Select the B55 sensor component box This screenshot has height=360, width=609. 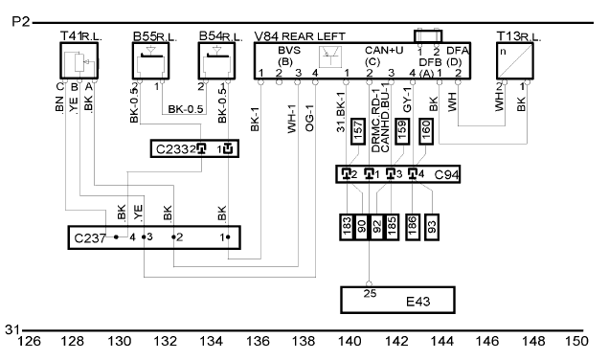[x=150, y=61]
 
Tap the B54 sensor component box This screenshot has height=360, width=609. [x=216, y=61]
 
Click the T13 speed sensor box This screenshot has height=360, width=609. [x=515, y=61]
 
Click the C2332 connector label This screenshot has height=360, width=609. [x=173, y=149]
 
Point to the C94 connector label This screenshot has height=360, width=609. [x=446, y=175]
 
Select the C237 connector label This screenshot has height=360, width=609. [x=90, y=237]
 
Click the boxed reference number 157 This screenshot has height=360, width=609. [x=358, y=131]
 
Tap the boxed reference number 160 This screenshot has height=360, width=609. [x=426, y=131]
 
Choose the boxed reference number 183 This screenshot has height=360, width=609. [x=347, y=227]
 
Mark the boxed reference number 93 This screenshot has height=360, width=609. [x=432, y=227]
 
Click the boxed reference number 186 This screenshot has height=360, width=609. [x=413, y=227]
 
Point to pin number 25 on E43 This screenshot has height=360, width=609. [x=370, y=294]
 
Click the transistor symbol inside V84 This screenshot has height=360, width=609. [x=330, y=56]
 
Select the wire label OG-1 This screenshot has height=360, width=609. [x=309, y=118]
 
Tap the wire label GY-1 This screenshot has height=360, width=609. [x=407, y=100]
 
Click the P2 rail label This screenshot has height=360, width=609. [x=20, y=21]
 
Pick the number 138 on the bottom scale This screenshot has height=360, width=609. [x=304, y=342]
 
